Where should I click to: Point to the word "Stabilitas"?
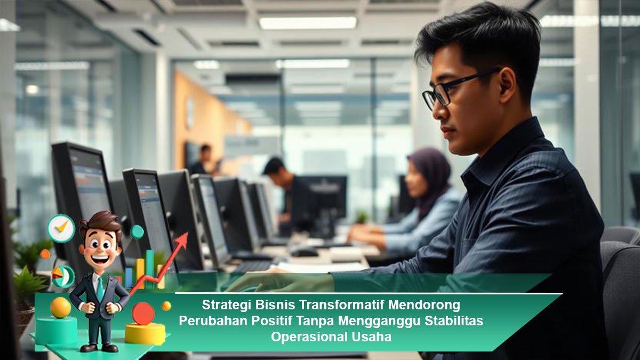454,321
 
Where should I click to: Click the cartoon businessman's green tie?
100,289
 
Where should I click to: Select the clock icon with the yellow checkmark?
61,228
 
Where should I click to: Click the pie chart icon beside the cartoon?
63,276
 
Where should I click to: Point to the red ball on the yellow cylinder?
143,314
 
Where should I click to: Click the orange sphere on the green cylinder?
60,307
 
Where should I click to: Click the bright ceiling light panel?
308,23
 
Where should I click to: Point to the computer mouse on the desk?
304,251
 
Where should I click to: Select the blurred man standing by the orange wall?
202,160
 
